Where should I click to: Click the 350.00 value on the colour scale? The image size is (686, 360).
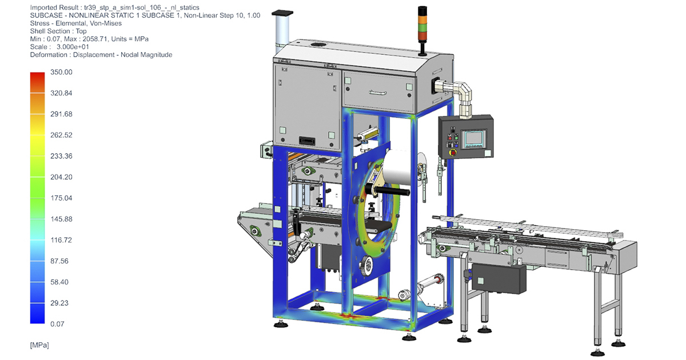pyautogui.click(x=61, y=72)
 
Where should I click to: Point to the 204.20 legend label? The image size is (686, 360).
pyautogui.click(x=61, y=177)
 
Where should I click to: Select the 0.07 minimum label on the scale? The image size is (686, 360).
pyautogui.click(x=57, y=324)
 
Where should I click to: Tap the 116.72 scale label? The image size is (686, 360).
pyautogui.click(x=61, y=240)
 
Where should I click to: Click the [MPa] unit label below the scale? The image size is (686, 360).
pyautogui.click(x=39, y=345)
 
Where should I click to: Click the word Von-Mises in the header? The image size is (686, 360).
pyautogui.click(x=105, y=23)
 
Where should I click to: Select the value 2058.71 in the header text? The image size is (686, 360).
pyautogui.click(x=95, y=39)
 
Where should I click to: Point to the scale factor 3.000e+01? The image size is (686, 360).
pyautogui.click(x=73, y=47)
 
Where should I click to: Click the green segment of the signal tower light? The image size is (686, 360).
pyautogui.click(x=422, y=27)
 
